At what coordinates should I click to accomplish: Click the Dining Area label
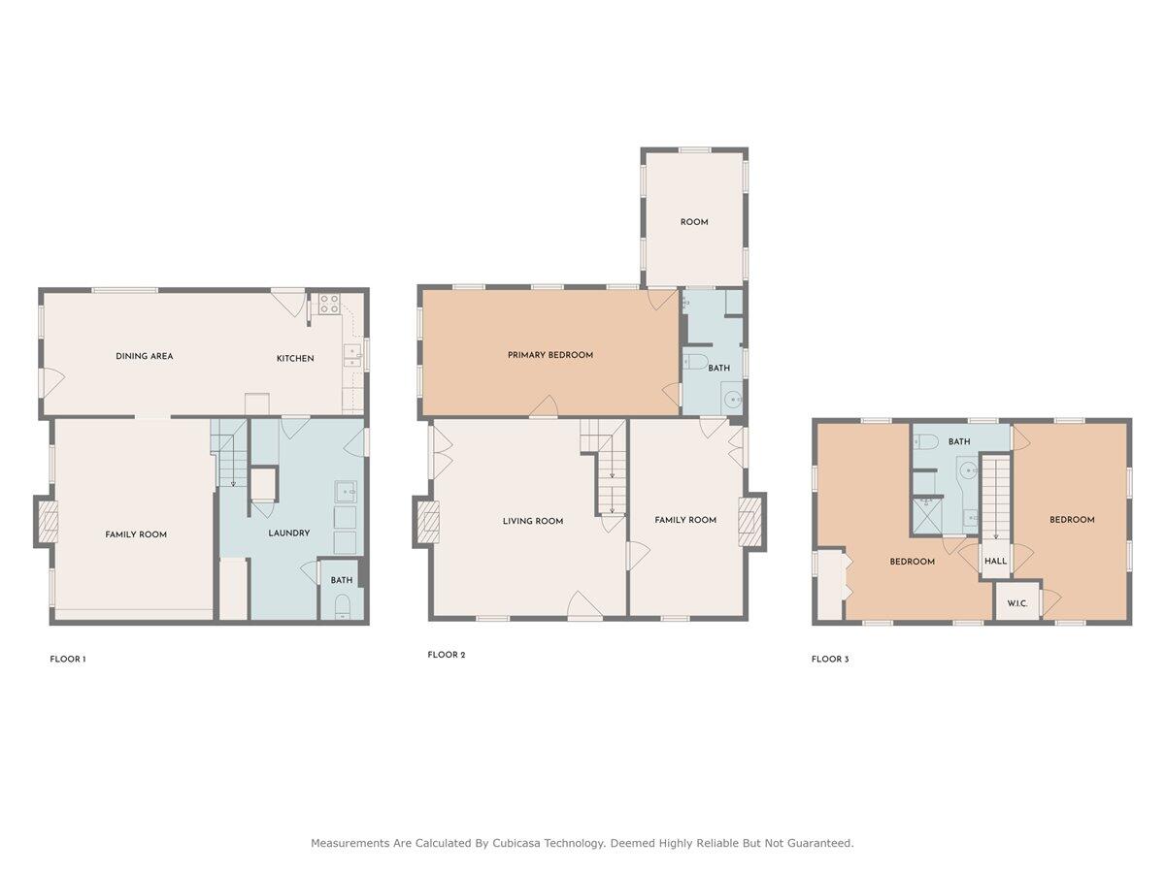point(145,356)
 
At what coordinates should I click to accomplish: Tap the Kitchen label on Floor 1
point(295,358)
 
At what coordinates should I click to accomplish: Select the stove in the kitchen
point(329,304)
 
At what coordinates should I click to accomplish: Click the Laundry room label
point(288,533)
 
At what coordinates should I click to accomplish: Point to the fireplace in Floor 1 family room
point(50,528)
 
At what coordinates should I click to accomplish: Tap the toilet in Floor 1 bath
point(343,606)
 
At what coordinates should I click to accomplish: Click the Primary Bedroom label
point(550,355)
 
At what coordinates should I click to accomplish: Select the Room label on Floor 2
point(694,222)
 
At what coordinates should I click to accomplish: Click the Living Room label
point(533,521)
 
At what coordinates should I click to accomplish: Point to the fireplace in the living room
point(431,523)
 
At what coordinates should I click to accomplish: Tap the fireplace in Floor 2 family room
point(748,522)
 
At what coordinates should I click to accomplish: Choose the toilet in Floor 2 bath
point(695,362)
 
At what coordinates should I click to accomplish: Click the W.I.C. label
point(1016,603)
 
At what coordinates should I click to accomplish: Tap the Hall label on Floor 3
point(996,561)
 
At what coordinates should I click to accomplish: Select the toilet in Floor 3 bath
point(925,440)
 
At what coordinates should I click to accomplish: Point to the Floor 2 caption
point(447,655)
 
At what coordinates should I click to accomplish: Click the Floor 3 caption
point(830,660)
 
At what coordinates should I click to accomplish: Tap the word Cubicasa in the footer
point(519,842)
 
